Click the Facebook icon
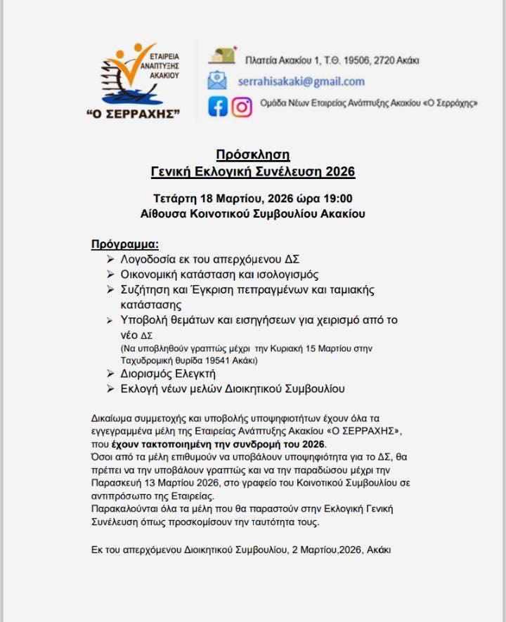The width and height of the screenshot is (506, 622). [218, 106]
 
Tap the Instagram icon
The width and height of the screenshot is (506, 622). [242, 106]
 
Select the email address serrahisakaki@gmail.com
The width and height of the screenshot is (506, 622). [301, 81]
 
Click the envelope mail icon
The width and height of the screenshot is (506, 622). [217, 81]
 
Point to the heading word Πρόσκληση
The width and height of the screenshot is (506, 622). [252, 155]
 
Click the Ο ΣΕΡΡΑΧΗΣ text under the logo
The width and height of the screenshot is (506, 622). [132, 114]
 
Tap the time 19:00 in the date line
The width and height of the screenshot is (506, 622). [338, 198]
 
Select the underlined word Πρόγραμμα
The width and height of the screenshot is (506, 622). [125, 244]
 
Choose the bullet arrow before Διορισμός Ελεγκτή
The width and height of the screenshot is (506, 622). [110, 373]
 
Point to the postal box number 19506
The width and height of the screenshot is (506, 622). [358, 60]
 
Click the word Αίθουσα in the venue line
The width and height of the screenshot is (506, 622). [164, 213]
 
